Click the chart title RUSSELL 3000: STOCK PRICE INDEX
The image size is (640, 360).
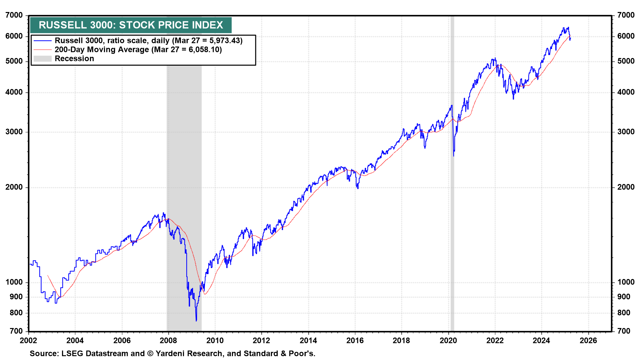131,25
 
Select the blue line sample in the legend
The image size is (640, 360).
43,41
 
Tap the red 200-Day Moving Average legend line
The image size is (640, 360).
43,50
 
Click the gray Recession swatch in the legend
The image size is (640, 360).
43,59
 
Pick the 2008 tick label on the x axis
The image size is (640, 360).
168,340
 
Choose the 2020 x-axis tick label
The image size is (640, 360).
448,340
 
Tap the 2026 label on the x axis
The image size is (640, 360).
588,340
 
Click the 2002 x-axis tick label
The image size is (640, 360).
28,340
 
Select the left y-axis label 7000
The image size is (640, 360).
14,15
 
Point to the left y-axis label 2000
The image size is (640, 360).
14,187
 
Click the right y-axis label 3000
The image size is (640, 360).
626,132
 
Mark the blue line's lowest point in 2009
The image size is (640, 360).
196,321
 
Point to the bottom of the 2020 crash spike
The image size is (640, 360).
454,156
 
